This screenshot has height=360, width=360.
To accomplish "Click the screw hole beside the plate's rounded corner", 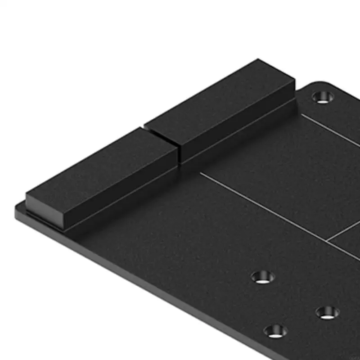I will click(x=321, y=97).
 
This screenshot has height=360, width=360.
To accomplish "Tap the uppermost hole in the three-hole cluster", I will click(x=263, y=277).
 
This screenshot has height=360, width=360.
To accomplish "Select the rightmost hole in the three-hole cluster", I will click(x=327, y=312).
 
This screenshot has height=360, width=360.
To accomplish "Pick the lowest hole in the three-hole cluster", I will click(x=275, y=332).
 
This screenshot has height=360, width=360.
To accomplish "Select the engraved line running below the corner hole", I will click(x=331, y=130).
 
